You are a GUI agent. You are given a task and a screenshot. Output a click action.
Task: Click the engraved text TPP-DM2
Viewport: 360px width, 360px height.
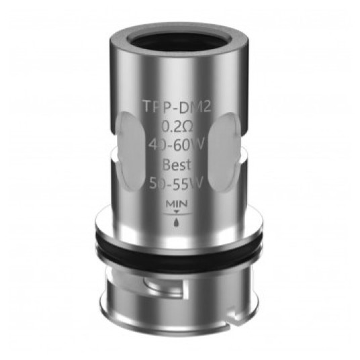177,107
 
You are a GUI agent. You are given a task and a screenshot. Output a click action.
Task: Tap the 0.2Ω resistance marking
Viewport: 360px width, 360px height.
177,126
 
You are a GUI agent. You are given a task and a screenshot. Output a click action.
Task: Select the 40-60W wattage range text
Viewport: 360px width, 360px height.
177,146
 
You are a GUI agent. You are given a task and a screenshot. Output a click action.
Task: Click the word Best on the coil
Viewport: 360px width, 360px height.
177,165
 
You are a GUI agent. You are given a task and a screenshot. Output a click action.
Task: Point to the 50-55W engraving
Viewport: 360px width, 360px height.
177,183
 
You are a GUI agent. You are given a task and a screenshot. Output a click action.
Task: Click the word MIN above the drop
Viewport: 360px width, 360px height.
177,204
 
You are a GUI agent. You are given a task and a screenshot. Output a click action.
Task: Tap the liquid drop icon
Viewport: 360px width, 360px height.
177,222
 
